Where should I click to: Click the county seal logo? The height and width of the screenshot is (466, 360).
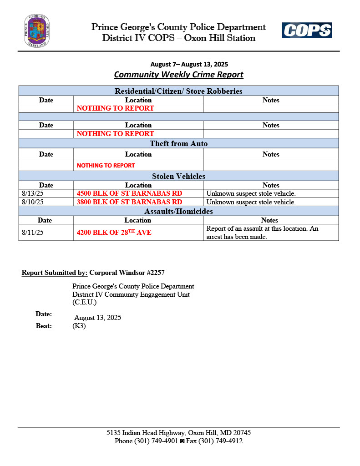click(37, 30)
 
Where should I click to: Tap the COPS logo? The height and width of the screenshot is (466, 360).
click(306, 30)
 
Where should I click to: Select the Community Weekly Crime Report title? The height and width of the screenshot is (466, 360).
click(178, 75)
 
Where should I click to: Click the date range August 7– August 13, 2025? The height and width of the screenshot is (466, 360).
click(189, 64)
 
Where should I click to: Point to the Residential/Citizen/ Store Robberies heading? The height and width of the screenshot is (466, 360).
click(178, 91)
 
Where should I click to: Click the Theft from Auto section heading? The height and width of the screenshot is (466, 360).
click(178, 144)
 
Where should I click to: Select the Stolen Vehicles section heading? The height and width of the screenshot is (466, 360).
click(178, 176)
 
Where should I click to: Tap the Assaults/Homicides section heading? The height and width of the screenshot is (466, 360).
click(178, 211)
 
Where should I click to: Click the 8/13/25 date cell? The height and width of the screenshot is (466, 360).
click(32, 193)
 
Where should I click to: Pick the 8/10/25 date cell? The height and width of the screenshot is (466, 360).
click(32, 202)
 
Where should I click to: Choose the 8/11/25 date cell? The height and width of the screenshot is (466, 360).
click(32, 233)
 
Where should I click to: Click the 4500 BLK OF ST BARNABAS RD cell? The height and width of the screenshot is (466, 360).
click(129, 193)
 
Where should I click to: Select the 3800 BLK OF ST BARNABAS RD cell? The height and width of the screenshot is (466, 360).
click(129, 202)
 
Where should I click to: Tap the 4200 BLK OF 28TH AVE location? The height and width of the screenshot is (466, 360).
click(114, 233)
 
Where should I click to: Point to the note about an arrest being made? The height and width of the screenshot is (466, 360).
click(262, 233)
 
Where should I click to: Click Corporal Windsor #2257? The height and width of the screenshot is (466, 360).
click(127, 273)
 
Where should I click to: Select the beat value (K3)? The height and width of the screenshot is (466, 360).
click(79, 326)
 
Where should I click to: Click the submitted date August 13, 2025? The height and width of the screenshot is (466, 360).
click(97, 318)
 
